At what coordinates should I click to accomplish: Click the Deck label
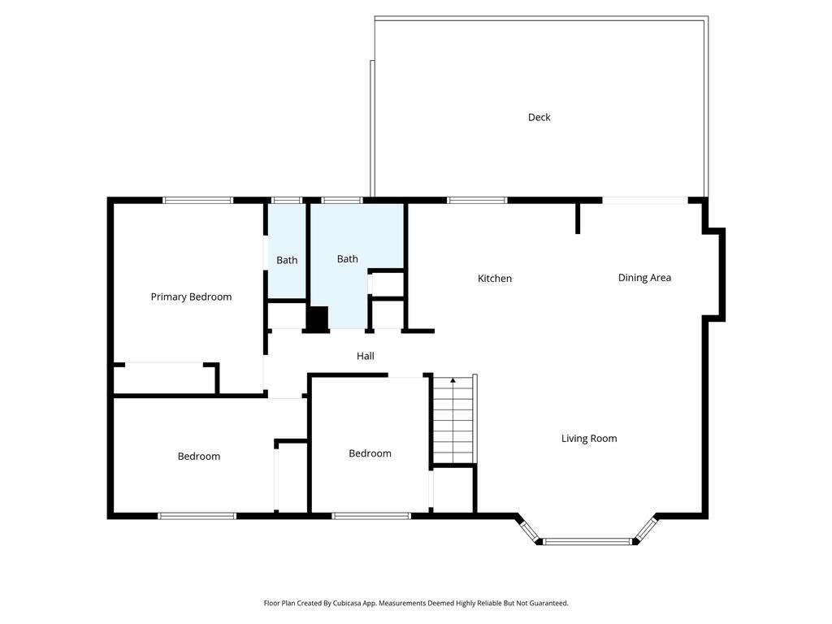(x=539, y=117)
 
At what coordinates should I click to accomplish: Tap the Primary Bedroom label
(x=191, y=297)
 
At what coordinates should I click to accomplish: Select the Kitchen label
(x=494, y=279)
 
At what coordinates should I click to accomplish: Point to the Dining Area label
(x=644, y=278)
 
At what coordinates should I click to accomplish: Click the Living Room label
(x=589, y=439)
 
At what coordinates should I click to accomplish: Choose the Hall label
(x=366, y=356)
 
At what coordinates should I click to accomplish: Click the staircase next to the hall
(x=453, y=422)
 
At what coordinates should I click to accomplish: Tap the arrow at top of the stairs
(x=453, y=380)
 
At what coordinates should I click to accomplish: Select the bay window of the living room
(x=587, y=540)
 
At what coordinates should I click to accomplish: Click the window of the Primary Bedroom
(x=198, y=200)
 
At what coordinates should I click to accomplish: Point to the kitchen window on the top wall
(x=477, y=200)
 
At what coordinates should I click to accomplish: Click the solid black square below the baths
(x=317, y=318)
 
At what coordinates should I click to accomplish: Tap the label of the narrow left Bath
(x=287, y=260)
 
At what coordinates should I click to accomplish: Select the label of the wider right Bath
(x=348, y=259)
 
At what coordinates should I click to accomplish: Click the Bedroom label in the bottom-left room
(x=199, y=457)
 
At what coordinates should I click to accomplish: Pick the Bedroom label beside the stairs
(x=370, y=453)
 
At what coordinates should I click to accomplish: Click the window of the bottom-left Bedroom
(x=197, y=515)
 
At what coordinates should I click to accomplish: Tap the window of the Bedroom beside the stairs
(x=371, y=515)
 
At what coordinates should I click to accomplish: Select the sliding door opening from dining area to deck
(x=645, y=200)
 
